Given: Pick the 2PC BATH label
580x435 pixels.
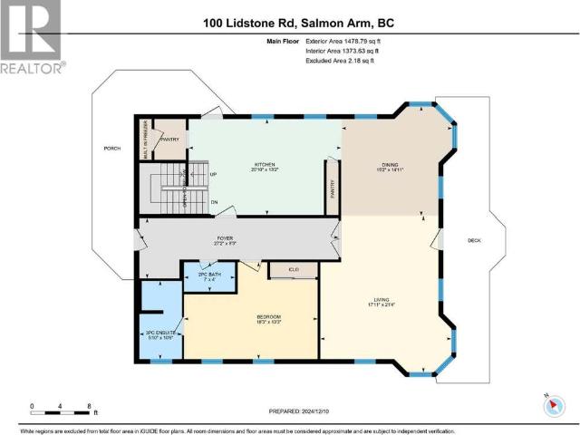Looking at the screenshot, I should pos(209,275).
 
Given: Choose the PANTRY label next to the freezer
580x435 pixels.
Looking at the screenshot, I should pos(169,140).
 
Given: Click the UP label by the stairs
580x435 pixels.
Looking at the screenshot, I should pos(213,174).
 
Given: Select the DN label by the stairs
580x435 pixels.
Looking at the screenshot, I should pos(213,202).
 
